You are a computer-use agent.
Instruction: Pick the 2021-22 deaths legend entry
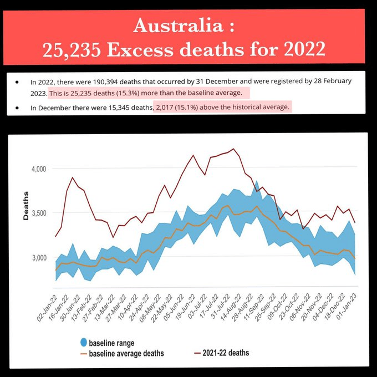[x=224, y=353]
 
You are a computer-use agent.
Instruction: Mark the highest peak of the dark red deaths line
[x=233, y=149]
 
